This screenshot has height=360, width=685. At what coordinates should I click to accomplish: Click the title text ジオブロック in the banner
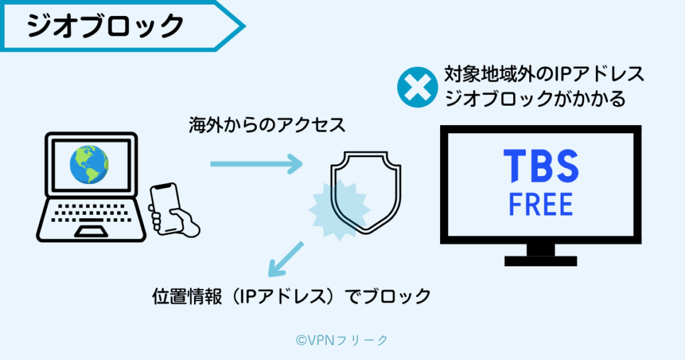[105, 26]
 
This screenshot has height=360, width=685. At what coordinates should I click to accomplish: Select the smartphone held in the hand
[164, 200]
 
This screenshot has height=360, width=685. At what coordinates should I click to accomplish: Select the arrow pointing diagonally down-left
[284, 260]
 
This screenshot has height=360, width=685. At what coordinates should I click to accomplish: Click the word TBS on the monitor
[541, 167]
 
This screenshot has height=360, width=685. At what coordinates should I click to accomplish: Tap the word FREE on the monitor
[541, 204]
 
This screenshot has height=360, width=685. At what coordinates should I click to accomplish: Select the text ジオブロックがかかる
[534, 99]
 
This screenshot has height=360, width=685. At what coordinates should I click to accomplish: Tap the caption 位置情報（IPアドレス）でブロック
[292, 296]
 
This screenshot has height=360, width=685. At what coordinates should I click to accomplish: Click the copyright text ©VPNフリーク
[342, 341]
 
